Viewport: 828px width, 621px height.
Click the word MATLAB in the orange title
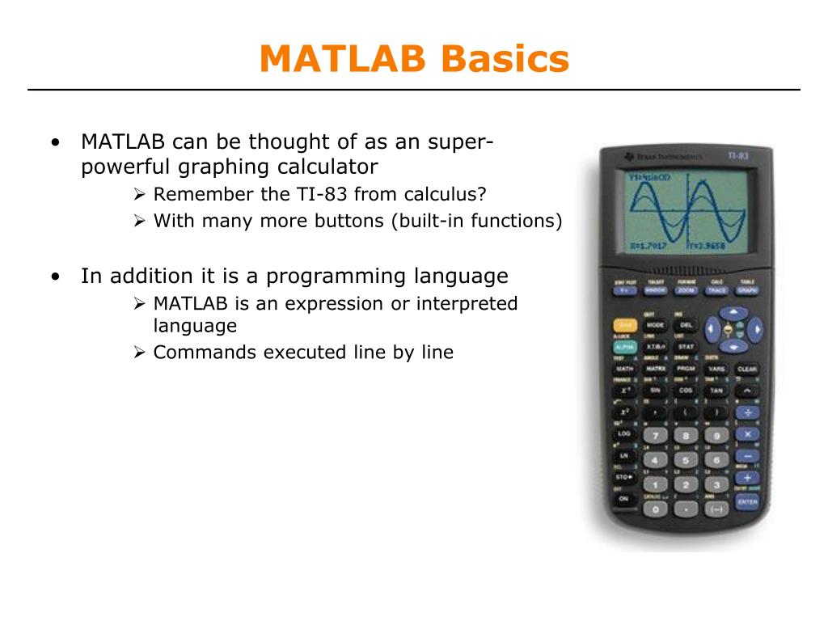point(343,59)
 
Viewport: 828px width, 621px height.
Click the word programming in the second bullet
point(337,276)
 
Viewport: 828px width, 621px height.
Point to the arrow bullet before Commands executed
point(138,353)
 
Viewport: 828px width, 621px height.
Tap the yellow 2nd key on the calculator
point(623,324)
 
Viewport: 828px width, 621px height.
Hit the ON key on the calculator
point(623,499)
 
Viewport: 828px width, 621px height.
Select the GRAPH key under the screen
point(746,289)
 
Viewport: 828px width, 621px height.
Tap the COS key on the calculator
point(686,390)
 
